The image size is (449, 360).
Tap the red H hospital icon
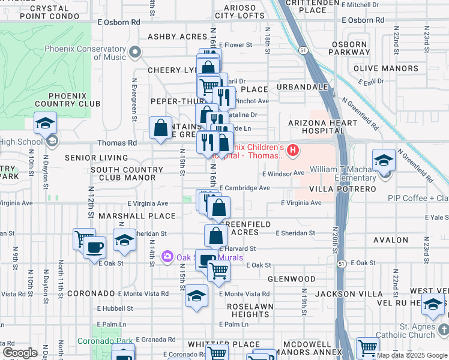[293, 150]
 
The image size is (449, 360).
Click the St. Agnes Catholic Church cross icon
[443, 329]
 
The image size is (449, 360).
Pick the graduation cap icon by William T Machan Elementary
[384, 160]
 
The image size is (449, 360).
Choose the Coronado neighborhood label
[91, 293]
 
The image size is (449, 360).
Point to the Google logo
[20, 353]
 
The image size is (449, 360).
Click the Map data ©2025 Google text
[412, 355]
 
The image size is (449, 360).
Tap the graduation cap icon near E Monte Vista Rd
[196, 296]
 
